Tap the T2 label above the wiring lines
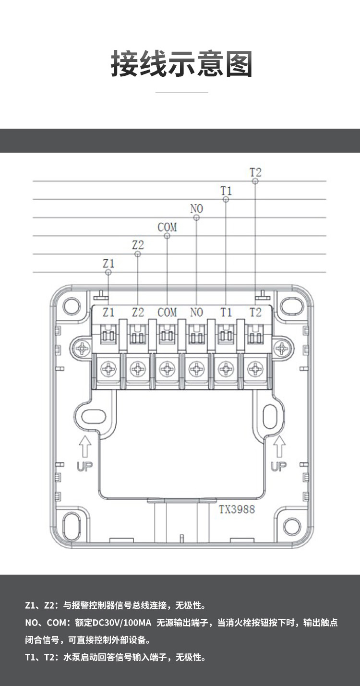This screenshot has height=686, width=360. click(x=255, y=172)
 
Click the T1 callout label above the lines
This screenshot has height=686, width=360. click(x=226, y=191)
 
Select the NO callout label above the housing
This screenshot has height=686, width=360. click(x=196, y=209)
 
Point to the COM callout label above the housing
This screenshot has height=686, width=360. click(x=167, y=227)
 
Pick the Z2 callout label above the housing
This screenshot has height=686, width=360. click(x=138, y=245)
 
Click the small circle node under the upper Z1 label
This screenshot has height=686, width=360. click(x=108, y=272)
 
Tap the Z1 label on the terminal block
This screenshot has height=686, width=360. click(x=109, y=313)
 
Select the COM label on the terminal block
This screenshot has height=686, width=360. click(x=167, y=313)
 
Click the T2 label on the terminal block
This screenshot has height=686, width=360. click(x=255, y=313)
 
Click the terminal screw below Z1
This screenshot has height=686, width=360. click(x=109, y=369)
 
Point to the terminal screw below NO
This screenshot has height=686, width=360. click(x=196, y=369)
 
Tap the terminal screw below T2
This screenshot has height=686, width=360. click(x=255, y=369)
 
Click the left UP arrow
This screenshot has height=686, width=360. click(x=84, y=446)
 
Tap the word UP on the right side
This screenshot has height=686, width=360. click(x=278, y=466)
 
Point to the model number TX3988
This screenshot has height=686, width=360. click(x=237, y=509)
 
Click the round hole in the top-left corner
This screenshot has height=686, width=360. click(x=71, y=304)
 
